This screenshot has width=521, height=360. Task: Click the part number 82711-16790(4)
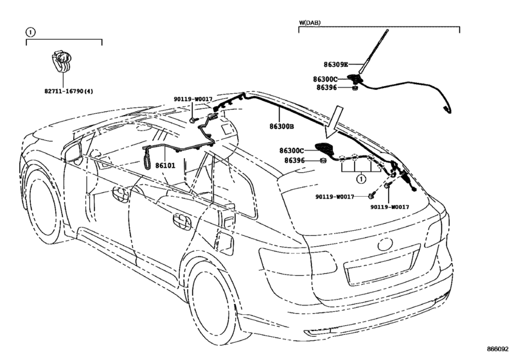(x=69, y=91)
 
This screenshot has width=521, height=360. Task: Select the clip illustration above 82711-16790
(x=62, y=62)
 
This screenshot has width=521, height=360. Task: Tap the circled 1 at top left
(x=30, y=32)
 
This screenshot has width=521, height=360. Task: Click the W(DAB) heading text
(x=310, y=22)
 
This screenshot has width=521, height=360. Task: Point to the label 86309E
(x=336, y=64)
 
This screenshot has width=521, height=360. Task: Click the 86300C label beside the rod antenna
(x=325, y=79)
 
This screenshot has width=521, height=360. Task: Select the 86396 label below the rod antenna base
(x=326, y=87)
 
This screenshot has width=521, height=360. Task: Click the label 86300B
(x=281, y=126)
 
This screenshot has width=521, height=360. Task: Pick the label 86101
(x=165, y=165)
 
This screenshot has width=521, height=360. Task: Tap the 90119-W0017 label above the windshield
(x=193, y=99)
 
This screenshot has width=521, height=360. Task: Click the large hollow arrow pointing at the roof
(x=334, y=122)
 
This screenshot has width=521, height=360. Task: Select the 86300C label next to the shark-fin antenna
(x=292, y=150)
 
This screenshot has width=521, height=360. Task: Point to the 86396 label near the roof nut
(x=294, y=161)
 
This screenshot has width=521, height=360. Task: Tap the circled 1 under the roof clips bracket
(x=361, y=179)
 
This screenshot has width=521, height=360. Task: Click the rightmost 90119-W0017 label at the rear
(x=390, y=207)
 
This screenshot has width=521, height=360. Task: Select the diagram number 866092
(x=498, y=349)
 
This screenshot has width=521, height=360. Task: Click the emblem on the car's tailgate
(x=385, y=245)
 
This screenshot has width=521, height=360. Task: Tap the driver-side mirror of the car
(x=73, y=152)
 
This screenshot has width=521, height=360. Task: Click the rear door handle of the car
(x=182, y=222)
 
